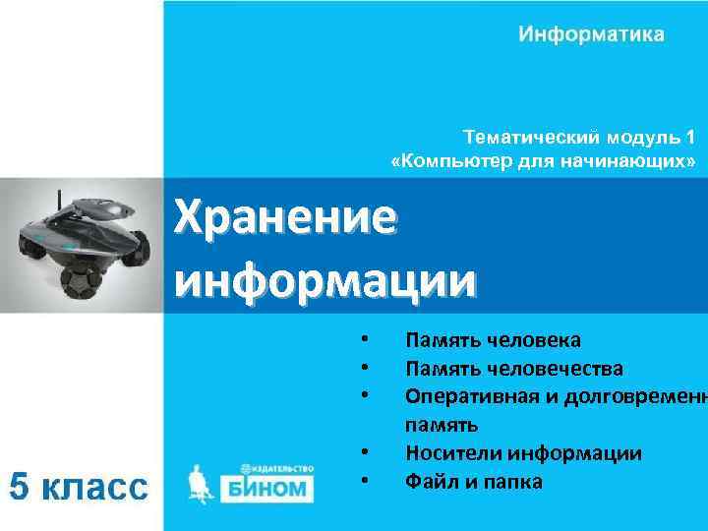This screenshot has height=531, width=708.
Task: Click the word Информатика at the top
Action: click(591, 35)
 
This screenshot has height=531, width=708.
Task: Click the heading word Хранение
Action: click(285, 216)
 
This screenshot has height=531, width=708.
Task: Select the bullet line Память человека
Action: click(493, 340)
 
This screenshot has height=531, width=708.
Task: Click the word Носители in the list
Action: click(446, 453)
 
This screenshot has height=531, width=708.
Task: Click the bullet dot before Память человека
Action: click(364, 340)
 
